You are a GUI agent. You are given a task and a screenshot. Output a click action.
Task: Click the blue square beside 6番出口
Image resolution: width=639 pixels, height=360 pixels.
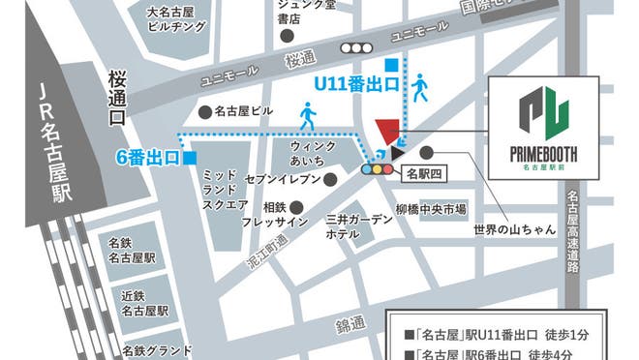pyautogui.click(x=191, y=158)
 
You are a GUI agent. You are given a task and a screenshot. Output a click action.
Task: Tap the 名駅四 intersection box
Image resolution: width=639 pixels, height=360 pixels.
pyautogui.click(x=422, y=175)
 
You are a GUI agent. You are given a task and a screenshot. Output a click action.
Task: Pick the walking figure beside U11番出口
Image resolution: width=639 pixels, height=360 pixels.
pyautogui.click(x=419, y=86)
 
